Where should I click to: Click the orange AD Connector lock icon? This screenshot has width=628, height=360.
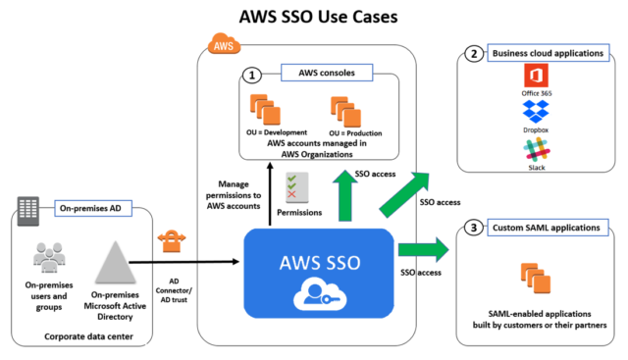(x=170, y=239)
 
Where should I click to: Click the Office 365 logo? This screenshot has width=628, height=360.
(x=535, y=75)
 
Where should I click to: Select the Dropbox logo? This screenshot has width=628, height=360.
(x=535, y=114)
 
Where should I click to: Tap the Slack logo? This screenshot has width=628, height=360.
(x=535, y=150)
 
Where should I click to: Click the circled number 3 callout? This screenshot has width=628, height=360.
(x=474, y=228)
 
